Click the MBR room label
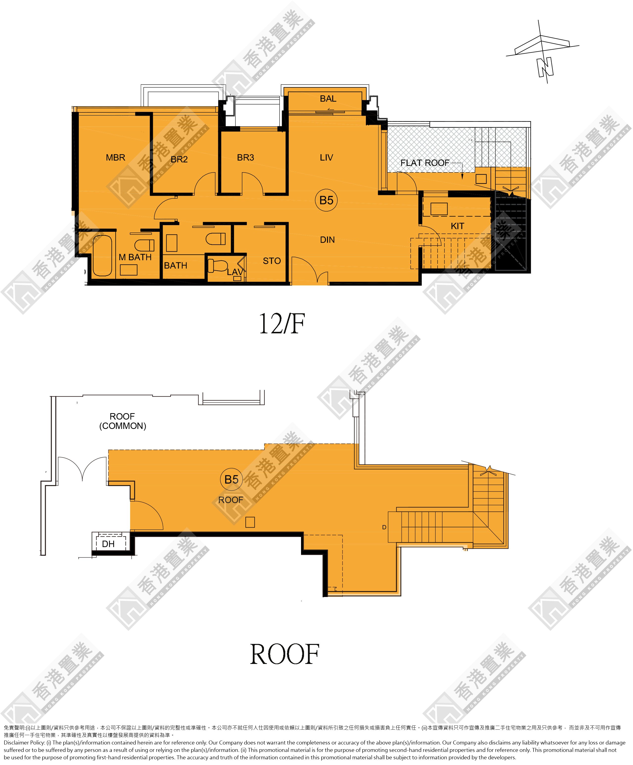(x=115, y=157)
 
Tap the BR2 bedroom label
(x=179, y=159)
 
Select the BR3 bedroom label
(x=245, y=157)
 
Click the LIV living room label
(x=326, y=157)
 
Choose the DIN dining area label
(x=328, y=240)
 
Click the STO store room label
(x=272, y=261)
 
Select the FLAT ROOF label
(x=425, y=163)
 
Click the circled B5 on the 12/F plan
(x=326, y=200)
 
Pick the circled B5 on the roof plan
(x=232, y=479)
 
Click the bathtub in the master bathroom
(x=102, y=256)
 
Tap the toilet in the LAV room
(x=217, y=266)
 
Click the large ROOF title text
(x=284, y=655)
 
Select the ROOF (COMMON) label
(x=122, y=421)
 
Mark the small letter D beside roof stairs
(x=384, y=527)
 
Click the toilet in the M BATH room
(x=144, y=245)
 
